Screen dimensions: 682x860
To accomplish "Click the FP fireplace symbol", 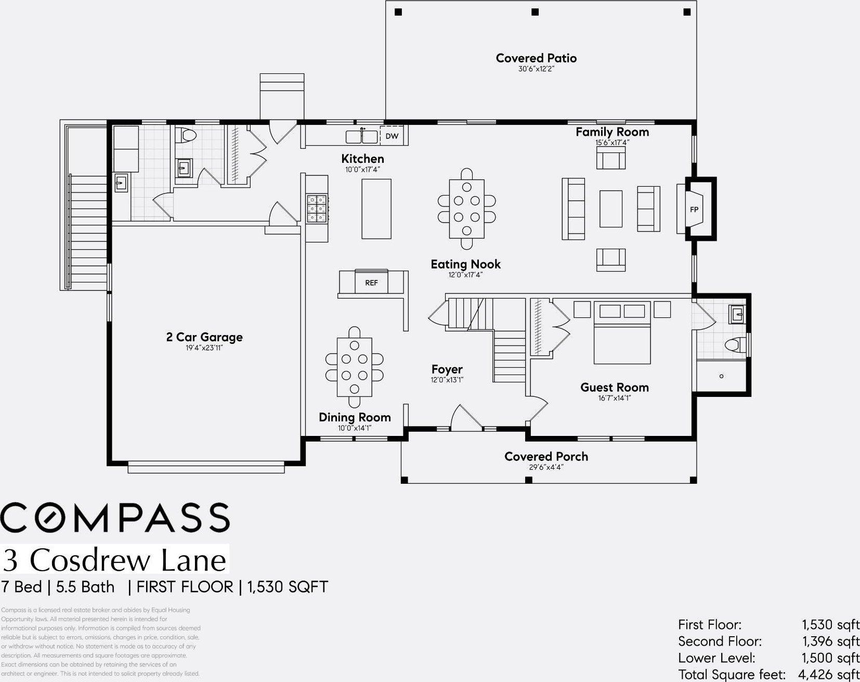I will (694, 209).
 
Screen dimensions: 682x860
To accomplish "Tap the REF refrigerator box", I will (371, 282).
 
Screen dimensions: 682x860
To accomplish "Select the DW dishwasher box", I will (392, 136).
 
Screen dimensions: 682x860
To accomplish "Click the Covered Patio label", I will (536, 58).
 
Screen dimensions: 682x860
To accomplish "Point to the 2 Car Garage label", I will (204, 337).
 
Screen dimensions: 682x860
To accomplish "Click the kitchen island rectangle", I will (376, 209).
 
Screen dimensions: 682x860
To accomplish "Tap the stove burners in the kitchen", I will (316, 209).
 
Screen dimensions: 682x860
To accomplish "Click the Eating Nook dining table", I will (466, 208).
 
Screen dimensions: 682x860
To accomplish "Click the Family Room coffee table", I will (610, 209).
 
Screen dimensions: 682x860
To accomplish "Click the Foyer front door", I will (466, 418).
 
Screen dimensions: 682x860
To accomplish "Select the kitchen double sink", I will (362, 136).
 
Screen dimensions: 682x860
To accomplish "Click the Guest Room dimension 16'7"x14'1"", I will (614, 398).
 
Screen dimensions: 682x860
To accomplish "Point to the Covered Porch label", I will (546, 456).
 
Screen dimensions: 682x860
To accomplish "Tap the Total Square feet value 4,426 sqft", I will (829, 675).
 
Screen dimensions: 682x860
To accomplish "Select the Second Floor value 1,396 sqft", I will (830, 641).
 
